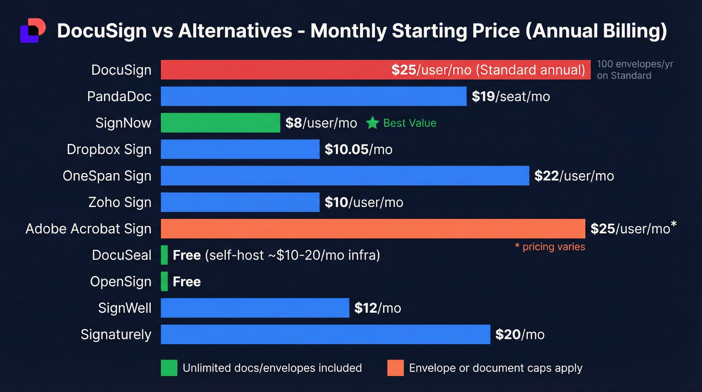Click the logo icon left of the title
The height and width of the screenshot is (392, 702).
[x=33, y=31]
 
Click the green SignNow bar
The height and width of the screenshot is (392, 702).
[x=220, y=123]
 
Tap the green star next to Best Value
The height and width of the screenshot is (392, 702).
[x=372, y=123]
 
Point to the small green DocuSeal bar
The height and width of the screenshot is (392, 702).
[x=164, y=255]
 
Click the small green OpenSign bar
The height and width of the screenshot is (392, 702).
[x=164, y=282]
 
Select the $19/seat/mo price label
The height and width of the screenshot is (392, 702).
[x=510, y=96]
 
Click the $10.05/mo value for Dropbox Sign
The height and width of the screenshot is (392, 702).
[x=358, y=150]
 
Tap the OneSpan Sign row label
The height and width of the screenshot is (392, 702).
[x=107, y=176]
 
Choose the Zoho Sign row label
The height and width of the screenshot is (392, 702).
[x=119, y=202]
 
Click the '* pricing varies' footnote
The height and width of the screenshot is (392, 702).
[x=550, y=246]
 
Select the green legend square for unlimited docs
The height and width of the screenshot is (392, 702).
[x=169, y=368]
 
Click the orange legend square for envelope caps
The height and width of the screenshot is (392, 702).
[x=395, y=368]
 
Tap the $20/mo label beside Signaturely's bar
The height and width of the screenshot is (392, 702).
[x=519, y=334]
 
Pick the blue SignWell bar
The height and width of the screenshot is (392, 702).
[x=255, y=308]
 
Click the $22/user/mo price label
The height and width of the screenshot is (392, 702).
[x=574, y=176]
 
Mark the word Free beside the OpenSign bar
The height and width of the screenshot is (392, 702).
[x=187, y=282]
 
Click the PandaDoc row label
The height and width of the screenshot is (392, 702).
[x=119, y=96]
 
